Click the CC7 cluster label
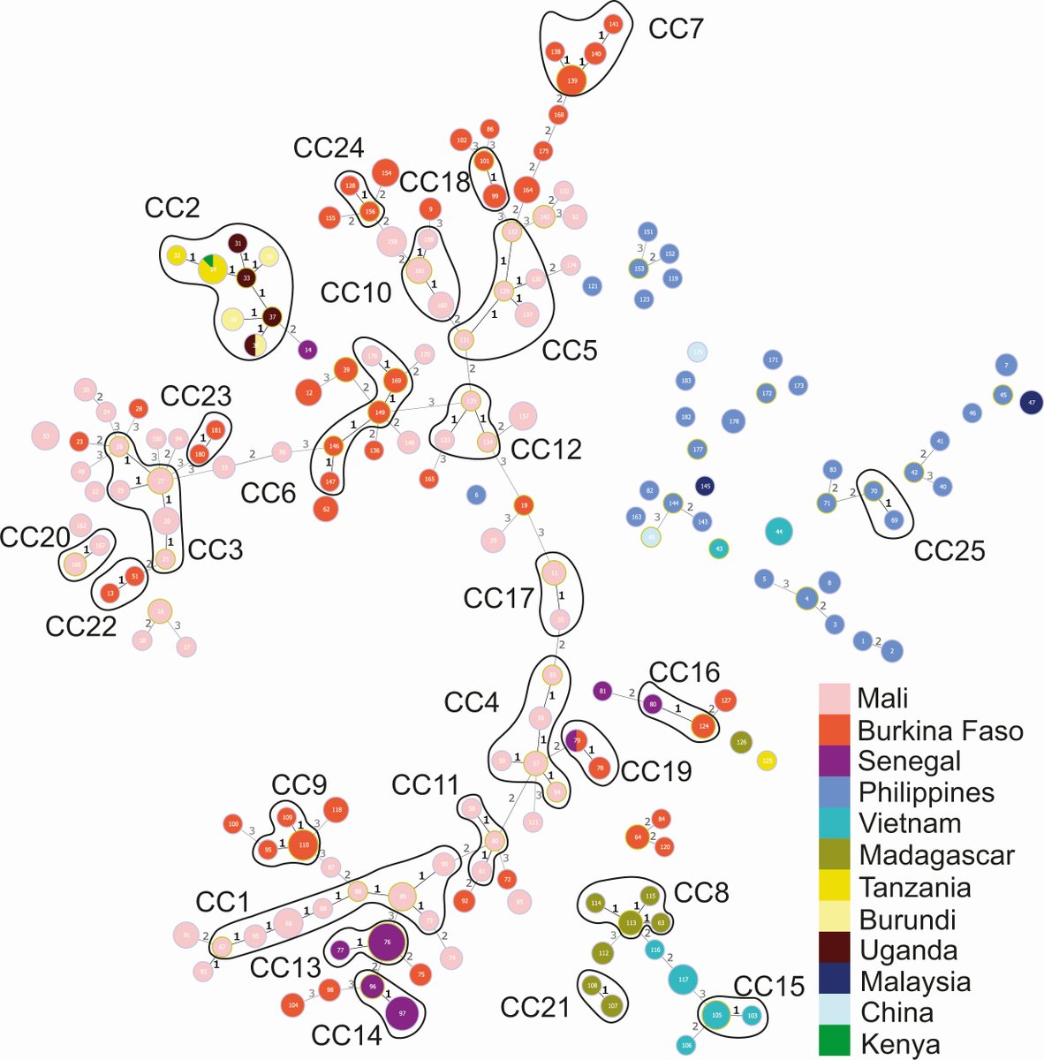(x=676, y=29)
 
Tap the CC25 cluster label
(x=949, y=550)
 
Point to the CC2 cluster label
(x=172, y=209)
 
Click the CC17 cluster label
(x=499, y=598)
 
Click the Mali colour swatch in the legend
(x=835, y=699)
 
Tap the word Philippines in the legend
(x=926, y=792)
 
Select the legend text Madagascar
(x=936, y=855)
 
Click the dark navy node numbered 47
(x=1031, y=403)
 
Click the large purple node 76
(x=386, y=943)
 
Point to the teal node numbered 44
(x=778, y=532)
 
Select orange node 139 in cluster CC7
(x=572, y=80)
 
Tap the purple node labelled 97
(x=402, y=1013)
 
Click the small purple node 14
(x=307, y=350)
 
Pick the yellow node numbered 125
(x=767, y=760)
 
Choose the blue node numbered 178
(x=733, y=422)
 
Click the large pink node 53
(x=46, y=435)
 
